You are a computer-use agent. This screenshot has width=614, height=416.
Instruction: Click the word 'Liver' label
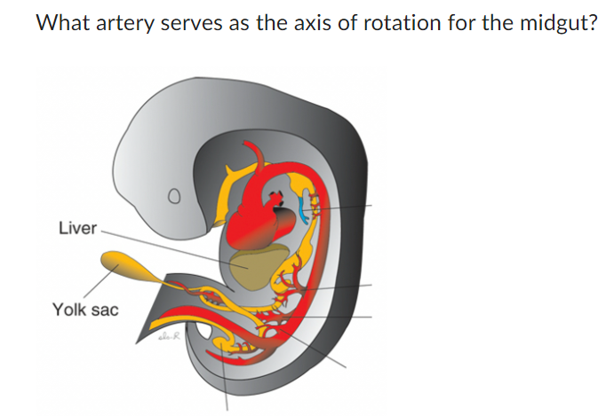click(76, 228)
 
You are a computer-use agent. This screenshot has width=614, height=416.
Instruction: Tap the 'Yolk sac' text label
click(85, 310)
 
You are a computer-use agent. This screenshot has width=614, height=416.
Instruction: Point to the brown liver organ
click(254, 270)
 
